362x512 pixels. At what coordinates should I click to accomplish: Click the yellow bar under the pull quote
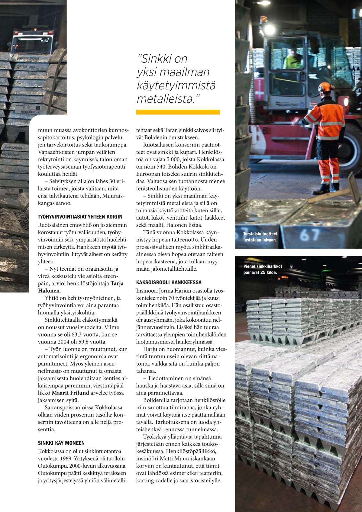[x=178, y=112]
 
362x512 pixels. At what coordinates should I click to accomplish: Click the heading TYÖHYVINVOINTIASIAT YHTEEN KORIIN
[x=80, y=217]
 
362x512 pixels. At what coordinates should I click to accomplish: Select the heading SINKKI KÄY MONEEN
[x=61, y=443]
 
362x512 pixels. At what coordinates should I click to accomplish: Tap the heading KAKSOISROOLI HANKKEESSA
[x=169, y=282]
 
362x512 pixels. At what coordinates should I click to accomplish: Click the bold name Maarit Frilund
[x=70, y=393]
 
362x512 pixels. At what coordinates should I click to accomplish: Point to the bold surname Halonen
[x=49, y=291]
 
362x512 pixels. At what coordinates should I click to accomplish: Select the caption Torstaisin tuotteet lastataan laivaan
[x=260, y=237]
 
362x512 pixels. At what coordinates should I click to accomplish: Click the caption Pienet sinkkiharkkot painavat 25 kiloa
[x=263, y=269]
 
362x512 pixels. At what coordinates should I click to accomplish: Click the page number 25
[x=332, y=495]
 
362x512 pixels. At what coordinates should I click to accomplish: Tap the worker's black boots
[x=326, y=188]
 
